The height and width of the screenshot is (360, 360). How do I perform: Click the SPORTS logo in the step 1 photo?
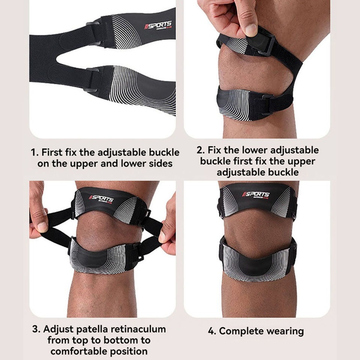158,25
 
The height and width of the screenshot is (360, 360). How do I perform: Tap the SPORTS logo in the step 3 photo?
101,198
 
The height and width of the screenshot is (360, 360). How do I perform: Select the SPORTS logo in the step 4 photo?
256,194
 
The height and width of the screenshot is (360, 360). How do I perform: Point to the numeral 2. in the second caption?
200,150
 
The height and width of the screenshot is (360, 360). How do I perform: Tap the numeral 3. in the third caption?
36,329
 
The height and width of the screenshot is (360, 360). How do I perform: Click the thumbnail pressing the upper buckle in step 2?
251,30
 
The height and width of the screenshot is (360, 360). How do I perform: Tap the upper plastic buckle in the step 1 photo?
94,33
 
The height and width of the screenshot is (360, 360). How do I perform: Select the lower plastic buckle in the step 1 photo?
92,79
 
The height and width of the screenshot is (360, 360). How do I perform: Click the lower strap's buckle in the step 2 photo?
267,105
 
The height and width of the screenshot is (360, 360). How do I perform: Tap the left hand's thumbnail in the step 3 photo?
42,226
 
